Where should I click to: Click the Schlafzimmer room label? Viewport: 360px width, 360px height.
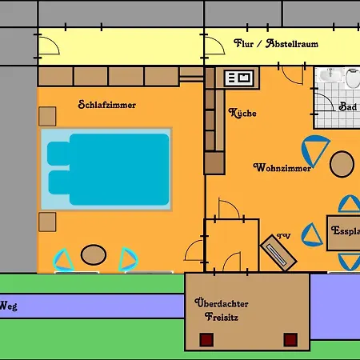(x=107, y=105)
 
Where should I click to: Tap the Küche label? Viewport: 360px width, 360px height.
(x=242, y=113)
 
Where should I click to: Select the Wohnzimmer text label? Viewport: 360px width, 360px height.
(x=282, y=168)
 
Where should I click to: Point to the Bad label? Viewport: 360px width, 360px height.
(x=348, y=106)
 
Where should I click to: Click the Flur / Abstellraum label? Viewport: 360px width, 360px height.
(x=276, y=43)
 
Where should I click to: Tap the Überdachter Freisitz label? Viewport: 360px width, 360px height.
(x=222, y=310)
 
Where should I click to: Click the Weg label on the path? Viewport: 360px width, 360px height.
(x=9, y=306)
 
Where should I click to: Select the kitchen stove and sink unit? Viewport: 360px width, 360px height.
(x=239, y=78)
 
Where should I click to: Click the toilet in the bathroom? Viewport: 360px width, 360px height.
(x=353, y=78)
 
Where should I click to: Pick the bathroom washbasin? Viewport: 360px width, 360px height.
(x=330, y=74)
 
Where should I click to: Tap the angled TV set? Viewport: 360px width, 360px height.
(x=278, y=253)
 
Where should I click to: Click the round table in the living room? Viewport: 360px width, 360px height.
(x=342, y=164)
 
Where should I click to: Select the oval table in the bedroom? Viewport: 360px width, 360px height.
(x=94, y=254)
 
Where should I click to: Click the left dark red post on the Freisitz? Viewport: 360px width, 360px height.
(x=206, y=339)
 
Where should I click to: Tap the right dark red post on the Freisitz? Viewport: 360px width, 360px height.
(x=290, y=339)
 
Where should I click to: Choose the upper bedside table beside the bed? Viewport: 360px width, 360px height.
(x=47, y=116)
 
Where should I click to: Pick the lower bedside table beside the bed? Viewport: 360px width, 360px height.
(x=47, y=222)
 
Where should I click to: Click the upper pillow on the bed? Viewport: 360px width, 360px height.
(x=58, y=154)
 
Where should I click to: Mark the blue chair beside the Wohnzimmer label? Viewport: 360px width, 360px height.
(x=315, y=150)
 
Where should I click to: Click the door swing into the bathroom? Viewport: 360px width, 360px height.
(x=323, y=102)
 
